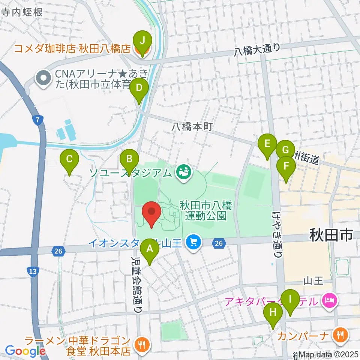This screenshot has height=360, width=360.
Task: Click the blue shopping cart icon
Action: [x=193, y=242]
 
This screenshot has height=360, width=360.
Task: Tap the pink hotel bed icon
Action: [x=329, y=301]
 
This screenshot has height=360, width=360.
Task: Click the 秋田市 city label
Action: [x=331, y=235]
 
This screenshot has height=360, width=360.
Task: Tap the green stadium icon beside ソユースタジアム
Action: [x=184, y=172]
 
